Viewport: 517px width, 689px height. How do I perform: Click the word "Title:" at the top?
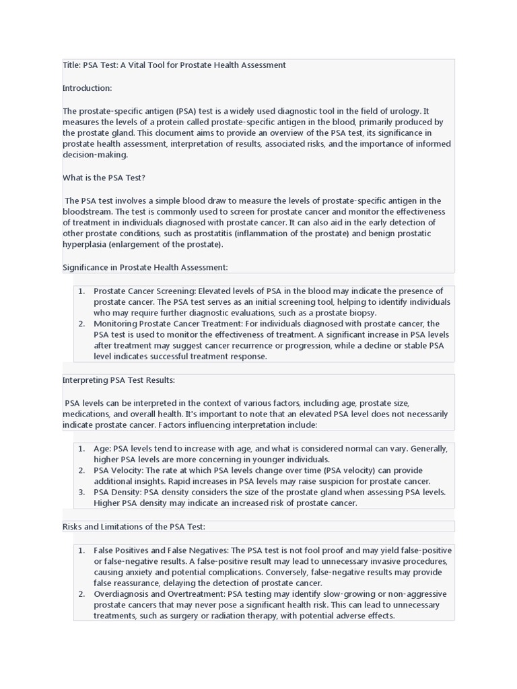pyautogui.click(x=71, y=65)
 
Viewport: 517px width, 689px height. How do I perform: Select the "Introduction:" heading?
pyautogui.click(x=88, y=88)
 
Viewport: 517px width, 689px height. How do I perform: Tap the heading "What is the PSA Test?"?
pyautogui.click(x=104, y=178)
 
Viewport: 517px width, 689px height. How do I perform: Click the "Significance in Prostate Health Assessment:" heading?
pyautogui.click(x=145, y=267)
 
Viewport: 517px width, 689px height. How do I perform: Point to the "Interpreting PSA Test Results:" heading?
pyautogui.click(x=118, y=380)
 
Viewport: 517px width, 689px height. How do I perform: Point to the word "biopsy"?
pyautogui.click(x=361, y=313)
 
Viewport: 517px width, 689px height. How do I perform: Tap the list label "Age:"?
pyautogui.click(x=102, y=448)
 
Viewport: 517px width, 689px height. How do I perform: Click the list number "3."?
pyautogui.click(x=81, y=493)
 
